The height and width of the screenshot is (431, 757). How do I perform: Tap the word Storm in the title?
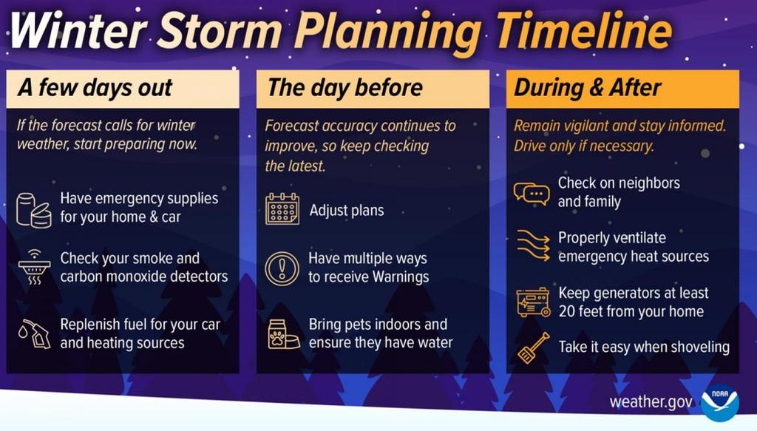220,30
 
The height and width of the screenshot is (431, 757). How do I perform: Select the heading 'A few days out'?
95,88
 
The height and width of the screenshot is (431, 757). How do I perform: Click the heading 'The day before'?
344,88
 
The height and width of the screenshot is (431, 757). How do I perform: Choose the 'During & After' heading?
588,88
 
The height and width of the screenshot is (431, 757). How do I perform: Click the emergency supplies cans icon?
34,210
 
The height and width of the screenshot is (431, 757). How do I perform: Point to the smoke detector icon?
34,267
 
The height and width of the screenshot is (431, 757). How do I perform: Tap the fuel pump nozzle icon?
34,333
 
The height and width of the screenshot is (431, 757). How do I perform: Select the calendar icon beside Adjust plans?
282,209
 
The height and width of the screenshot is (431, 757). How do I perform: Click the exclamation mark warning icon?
282,268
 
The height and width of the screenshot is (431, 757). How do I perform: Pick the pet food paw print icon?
283,334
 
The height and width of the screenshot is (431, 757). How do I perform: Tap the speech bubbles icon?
532,194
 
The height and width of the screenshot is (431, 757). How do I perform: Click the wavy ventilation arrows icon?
533,245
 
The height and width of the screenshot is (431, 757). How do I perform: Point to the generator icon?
533,302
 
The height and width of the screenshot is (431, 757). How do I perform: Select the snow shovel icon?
534,347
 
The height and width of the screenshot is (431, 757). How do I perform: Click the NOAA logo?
719,402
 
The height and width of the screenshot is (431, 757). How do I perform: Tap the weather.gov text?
651,402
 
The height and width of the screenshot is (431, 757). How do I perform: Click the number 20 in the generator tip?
567,311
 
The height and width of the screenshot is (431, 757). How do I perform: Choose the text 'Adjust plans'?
347,211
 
